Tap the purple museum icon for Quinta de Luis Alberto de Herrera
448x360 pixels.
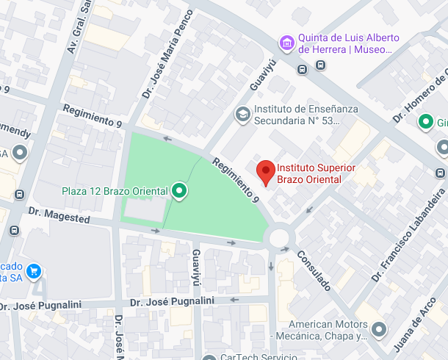point(286,43)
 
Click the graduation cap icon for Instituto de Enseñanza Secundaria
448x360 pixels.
point(242,114)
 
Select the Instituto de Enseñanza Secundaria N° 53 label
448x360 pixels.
point(306,114)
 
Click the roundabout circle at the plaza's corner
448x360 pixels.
point(279,237)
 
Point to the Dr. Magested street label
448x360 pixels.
point(59,215)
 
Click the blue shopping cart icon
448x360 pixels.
point(34,273)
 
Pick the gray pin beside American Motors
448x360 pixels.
point(378,330)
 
